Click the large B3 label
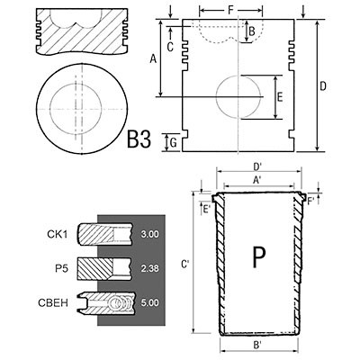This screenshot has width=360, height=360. pos(139,139)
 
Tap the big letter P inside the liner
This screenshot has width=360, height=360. pos(259,256)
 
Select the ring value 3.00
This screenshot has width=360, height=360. pos(150,234)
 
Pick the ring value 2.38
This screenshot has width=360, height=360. pos(150,268)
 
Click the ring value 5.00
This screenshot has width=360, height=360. pos(150,302)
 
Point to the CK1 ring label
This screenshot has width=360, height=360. pos(58,234)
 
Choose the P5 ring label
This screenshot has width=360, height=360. pos(62,268)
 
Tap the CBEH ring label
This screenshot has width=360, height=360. pos(53,302)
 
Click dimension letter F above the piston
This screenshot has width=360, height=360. pos(230,10)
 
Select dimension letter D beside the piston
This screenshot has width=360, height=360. pos(323,86)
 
